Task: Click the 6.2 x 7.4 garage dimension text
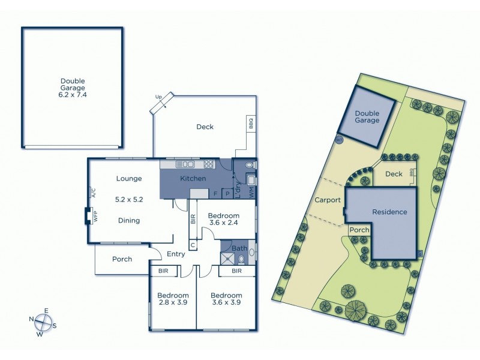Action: (73, 95)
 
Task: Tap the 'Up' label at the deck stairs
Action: (158, 97)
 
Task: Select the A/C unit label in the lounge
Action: (94, 193)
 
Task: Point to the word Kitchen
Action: (193, 179)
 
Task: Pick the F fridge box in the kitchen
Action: (214, 194)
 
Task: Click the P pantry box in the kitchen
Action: (227, 194)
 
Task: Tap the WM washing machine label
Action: (251, 193)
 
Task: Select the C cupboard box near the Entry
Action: (193, 245)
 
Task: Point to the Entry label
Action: (176, 254)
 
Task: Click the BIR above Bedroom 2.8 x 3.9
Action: (163, 271)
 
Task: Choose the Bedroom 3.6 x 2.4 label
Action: (224, 220)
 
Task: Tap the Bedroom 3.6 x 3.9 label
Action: (227, 299)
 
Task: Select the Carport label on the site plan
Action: (327, 200)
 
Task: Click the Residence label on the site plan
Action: (389, 212)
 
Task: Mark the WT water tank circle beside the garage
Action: (338, 140)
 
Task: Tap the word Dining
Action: (128, 221)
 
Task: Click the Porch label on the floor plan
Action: (122, 259)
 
